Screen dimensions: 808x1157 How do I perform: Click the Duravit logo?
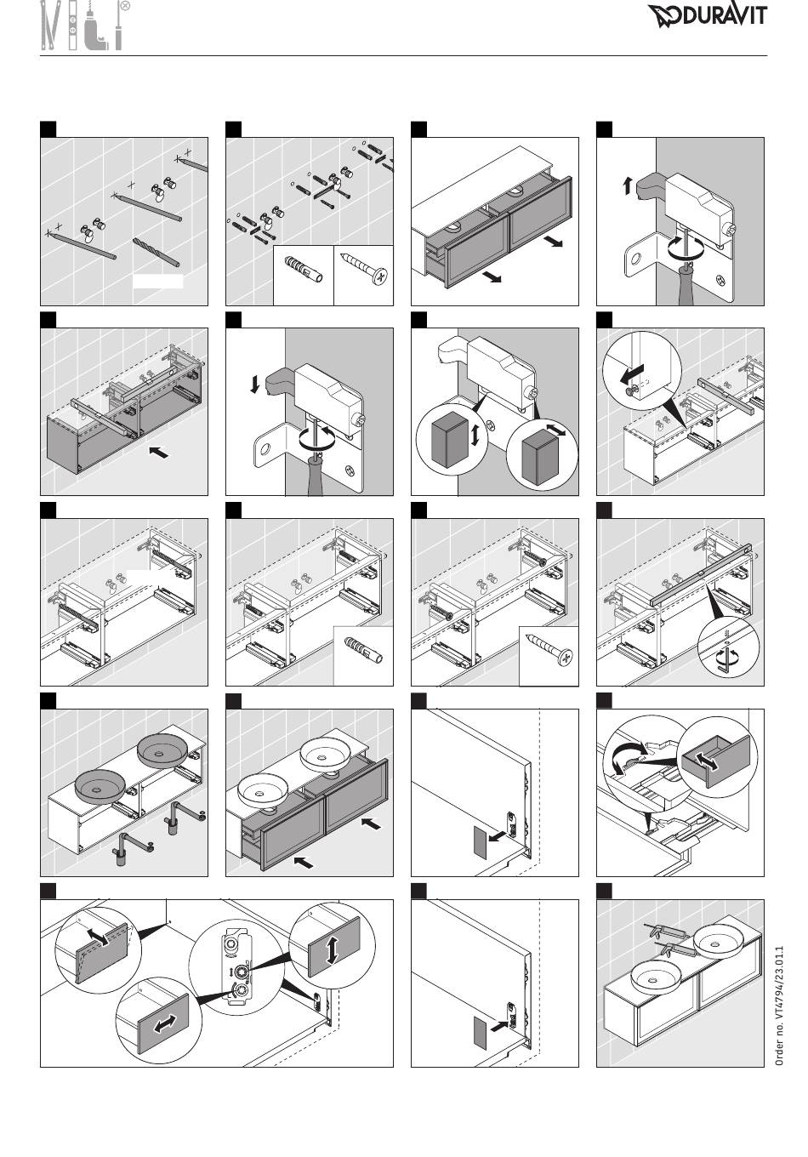(708, 15)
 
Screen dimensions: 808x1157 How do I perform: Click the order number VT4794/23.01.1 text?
(779, 1006)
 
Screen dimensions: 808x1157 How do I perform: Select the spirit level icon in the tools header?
(72, 26)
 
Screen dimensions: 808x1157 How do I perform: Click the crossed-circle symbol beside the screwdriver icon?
(125, 6)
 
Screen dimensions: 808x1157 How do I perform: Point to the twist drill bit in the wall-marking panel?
(156, 252)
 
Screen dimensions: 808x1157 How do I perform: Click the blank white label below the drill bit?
(158, 282)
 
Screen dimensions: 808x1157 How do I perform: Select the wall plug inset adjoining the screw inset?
(304, 276)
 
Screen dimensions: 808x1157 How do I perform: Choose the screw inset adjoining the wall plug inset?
(363, 276)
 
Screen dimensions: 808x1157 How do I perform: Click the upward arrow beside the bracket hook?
(628, 185)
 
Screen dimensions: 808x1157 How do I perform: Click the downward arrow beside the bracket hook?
(254, 385)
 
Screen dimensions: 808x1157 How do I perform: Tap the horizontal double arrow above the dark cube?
(555, 430)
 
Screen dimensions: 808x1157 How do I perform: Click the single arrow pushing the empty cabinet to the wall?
(158, 452)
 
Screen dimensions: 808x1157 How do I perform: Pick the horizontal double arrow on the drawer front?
(165, 1025)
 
